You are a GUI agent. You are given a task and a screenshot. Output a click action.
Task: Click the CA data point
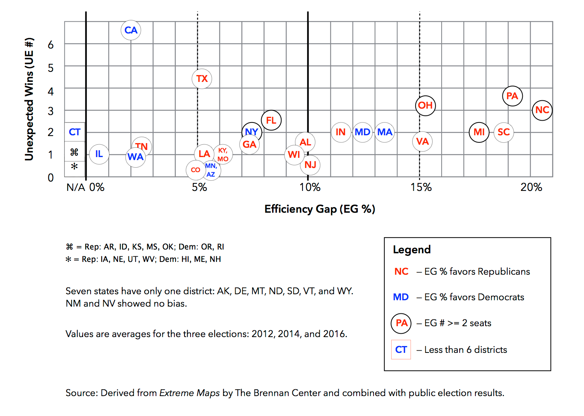click(131, 30)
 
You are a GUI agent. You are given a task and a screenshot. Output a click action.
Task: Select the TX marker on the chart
click(202, 79)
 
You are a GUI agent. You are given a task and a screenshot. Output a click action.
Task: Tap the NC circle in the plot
click(542, 110)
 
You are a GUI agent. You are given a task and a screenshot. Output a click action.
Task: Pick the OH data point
click(425, 106)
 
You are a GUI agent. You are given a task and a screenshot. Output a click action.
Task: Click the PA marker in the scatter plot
click(512, 96)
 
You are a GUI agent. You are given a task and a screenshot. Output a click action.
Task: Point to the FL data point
click(271, 120)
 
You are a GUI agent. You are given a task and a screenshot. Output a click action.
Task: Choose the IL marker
click(99, 154)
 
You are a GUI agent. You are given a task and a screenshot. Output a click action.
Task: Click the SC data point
click(504, 132)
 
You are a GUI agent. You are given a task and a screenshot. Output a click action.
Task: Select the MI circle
click(479, 132)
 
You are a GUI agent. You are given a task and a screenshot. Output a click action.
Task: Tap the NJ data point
click(310, 165)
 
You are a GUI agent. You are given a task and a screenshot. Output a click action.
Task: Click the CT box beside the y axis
click(74, 132)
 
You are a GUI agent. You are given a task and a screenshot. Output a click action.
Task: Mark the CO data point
click(195, 170)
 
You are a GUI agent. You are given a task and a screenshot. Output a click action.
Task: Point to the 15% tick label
click(421, 187)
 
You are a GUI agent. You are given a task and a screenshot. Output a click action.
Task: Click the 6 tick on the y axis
click(51, 45)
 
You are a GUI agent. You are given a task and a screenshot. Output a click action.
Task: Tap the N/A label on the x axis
click(76, 187)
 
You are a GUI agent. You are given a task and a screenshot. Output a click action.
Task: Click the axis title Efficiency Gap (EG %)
click(319, 209)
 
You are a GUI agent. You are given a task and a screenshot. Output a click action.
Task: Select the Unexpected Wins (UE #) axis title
click(29, 99)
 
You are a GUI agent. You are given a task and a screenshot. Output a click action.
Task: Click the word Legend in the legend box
click(412, 250)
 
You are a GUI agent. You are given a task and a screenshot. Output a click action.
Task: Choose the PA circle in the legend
click(401, 323)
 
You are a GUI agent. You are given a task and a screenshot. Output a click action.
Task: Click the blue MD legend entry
click(401, 297)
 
